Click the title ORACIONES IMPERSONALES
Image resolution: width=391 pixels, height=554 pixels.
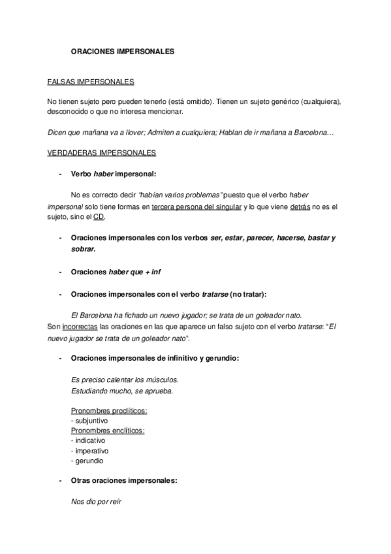click(x=123, y=51)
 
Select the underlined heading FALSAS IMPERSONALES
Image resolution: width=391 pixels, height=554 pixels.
click(x=91, y=82)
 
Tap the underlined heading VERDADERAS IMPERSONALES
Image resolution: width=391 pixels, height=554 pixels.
click(x=101, y=154)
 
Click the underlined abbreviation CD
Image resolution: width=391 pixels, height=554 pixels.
click(x=99, y=217)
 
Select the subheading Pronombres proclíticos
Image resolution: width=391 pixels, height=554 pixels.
click(x=108, y=411)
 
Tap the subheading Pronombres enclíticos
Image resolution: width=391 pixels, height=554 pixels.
click(x=108, y=431)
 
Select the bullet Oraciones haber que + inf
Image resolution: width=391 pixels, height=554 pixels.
click(x=114, y=271)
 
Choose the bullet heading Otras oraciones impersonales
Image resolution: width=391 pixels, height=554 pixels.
click(x=124, y=481)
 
